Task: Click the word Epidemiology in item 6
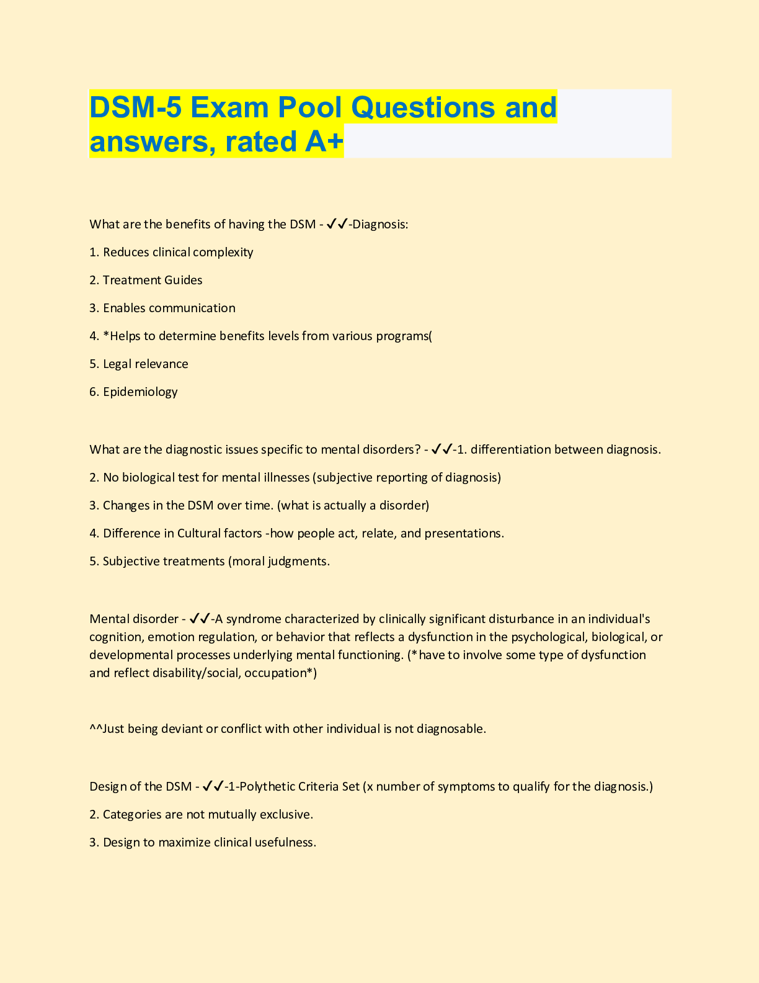point(140,392)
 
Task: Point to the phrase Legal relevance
point(146,364)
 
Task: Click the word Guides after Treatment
point(183,280)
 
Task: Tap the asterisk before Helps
point(106,335)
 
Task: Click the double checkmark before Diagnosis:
point(337,224)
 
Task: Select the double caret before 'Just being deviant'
point(95,728)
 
